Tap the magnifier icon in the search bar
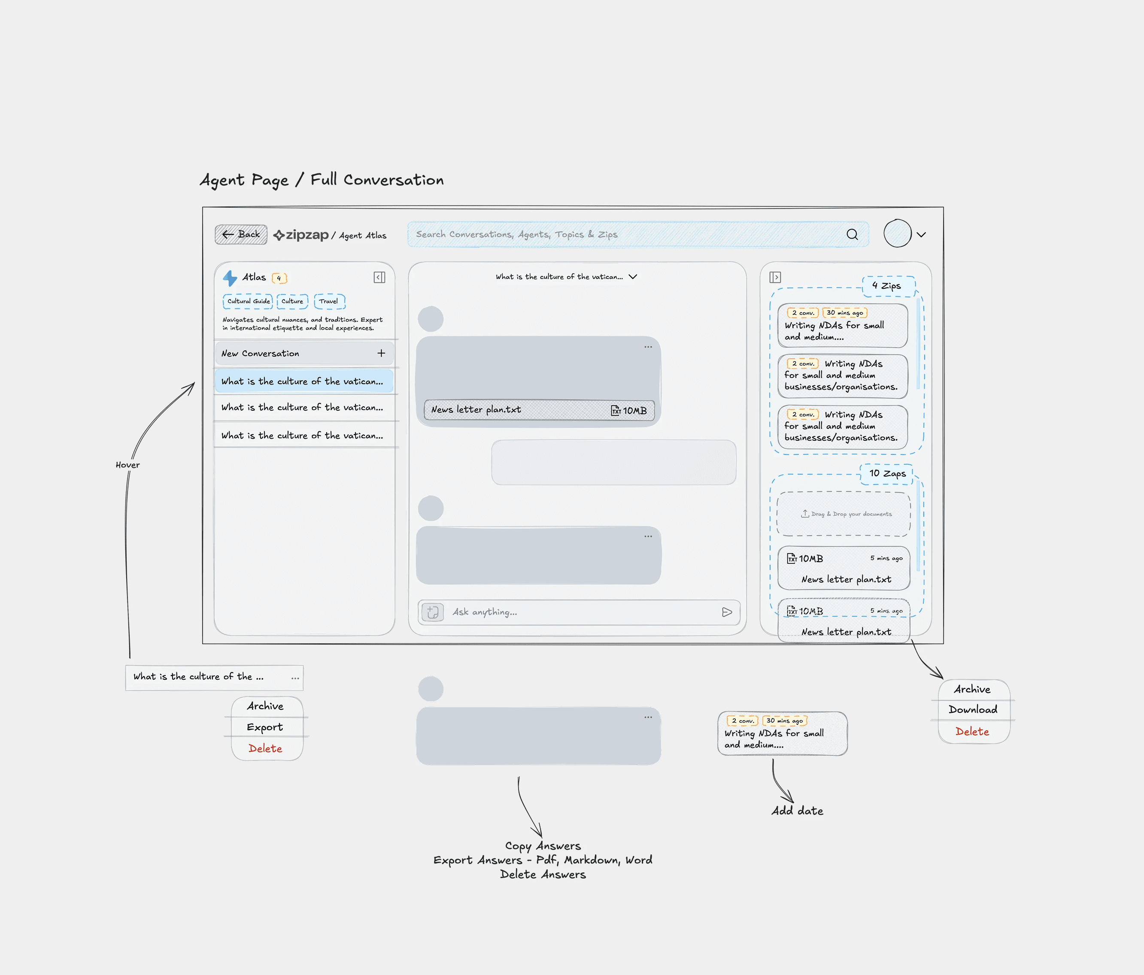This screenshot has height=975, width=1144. pos(852,235)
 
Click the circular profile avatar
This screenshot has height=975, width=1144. pos(897,233)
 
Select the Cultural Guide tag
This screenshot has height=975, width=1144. pos(248,301)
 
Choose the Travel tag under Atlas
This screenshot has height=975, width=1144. pos(329,301)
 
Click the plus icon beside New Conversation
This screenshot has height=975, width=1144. pos(381,353)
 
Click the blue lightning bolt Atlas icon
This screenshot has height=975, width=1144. pos(230,278)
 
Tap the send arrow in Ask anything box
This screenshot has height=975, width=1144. pos(727,612)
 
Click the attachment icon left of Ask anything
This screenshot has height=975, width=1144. pos(433,612)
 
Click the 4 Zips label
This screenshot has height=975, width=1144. pos(887,286)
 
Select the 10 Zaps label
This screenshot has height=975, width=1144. pos(887,474)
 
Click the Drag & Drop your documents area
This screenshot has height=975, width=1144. pos(844,514)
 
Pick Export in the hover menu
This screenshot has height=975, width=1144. pos(265,727)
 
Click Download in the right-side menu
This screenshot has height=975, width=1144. pos(973,709)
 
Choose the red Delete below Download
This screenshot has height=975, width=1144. pos(972,732)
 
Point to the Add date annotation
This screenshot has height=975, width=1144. pos(797,811)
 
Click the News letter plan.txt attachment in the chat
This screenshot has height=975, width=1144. pos(538,410)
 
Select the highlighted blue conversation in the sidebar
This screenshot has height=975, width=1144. pos(303,382)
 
